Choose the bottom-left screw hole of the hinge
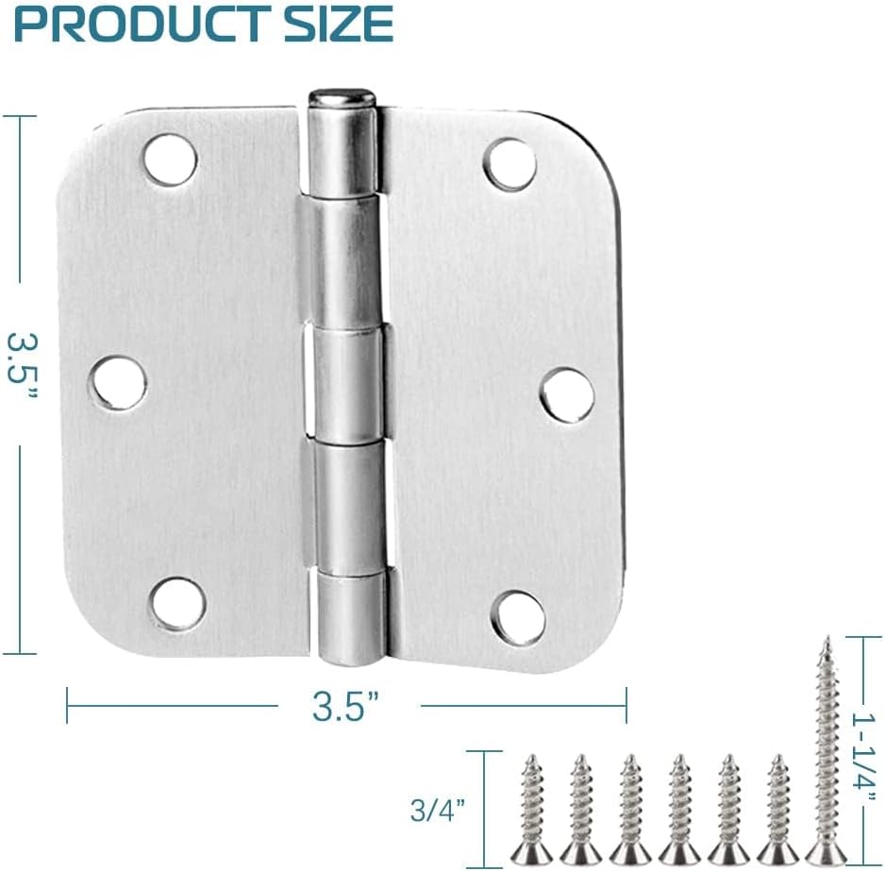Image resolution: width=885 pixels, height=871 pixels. (x=177, y=604)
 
